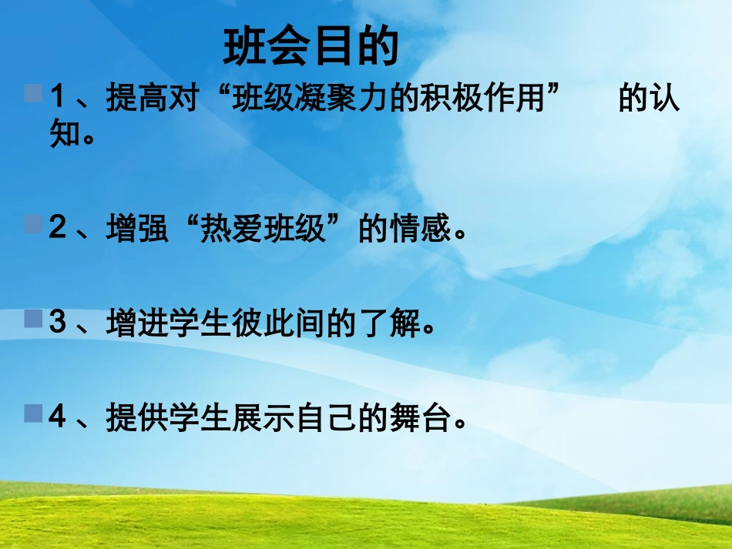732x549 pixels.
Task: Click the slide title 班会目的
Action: click(311, 48)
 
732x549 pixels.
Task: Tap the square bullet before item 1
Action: click(33, 94)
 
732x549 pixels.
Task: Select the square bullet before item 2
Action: click(33, 224)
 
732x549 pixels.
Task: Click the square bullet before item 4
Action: click(33, 414)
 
